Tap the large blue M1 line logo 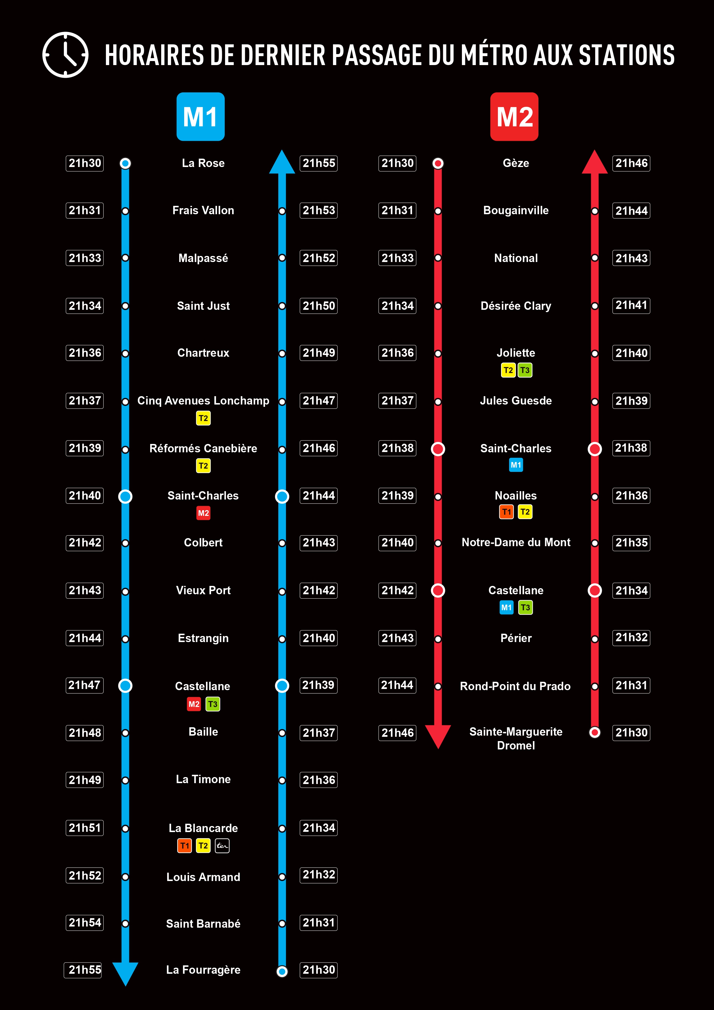click(x=201, y=117)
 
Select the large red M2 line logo click(x=514, y=117)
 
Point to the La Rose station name click(x=203, y=163)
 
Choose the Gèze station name click(x=516, y=163)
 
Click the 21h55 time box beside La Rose click(x=319, y=163)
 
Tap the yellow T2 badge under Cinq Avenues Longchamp click(x=203, y=418)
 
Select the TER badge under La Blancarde click(x=222, y=846)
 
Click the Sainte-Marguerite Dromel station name click(x=516, y=738)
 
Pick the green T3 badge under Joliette click(x=525, y=370)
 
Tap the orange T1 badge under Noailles click(x=507, y=512)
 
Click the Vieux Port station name click(x=203, y=590)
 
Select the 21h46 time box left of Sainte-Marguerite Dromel click(x=397, y=733)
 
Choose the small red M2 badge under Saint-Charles click(x=203, y=513)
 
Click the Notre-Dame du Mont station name click(x=516, y=542)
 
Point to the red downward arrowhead click(x=438, y=736)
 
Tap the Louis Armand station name click(x=203, y=877)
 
